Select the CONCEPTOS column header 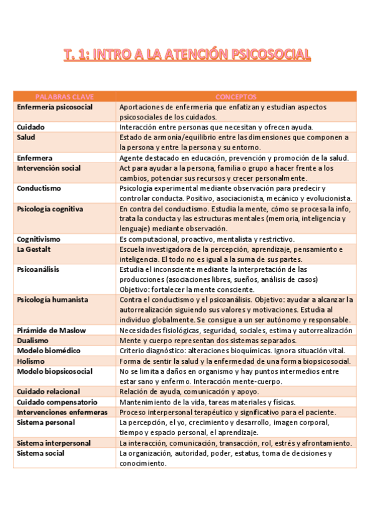(x=235, y=97)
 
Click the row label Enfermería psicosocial (x=55, y=107)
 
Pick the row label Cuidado (x=31, y=127)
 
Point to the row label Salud (x=26, y=137)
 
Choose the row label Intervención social (x=49, y=168)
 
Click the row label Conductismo (x=38, y=188)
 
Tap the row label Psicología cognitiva (x=50, y=209)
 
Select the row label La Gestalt (x=34, y=249)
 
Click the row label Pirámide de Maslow (x=51, y=330)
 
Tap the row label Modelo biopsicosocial (x=55, y=371)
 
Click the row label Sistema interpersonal (x=54, y=443)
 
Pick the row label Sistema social (x=41, y=453)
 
